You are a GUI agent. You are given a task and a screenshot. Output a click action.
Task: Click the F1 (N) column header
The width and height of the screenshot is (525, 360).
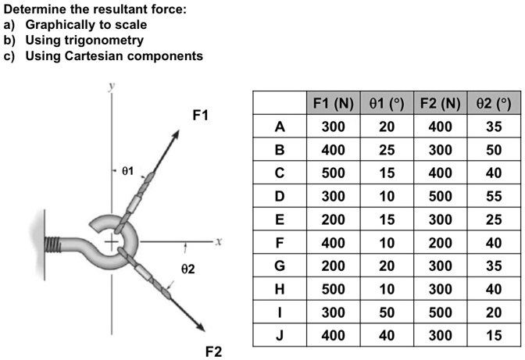tap(332, 103)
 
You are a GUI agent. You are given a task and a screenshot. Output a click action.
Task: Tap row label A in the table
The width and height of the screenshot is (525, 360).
tap(279, 127)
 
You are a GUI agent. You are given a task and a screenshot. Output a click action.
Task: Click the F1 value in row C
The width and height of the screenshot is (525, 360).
tap(332, 173)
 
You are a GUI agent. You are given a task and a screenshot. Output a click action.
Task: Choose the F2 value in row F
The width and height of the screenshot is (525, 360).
tap(439, 244)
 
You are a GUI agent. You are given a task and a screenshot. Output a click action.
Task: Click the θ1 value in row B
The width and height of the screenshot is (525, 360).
tap(387, 150)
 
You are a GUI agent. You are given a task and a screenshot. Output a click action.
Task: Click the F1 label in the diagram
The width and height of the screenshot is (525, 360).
tap(201, 116)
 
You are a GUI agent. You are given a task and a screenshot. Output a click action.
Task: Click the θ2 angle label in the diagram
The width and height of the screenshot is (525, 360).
tap(182, 269)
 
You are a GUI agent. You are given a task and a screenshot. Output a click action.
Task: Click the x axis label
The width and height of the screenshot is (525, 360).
tap(221, 243)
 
